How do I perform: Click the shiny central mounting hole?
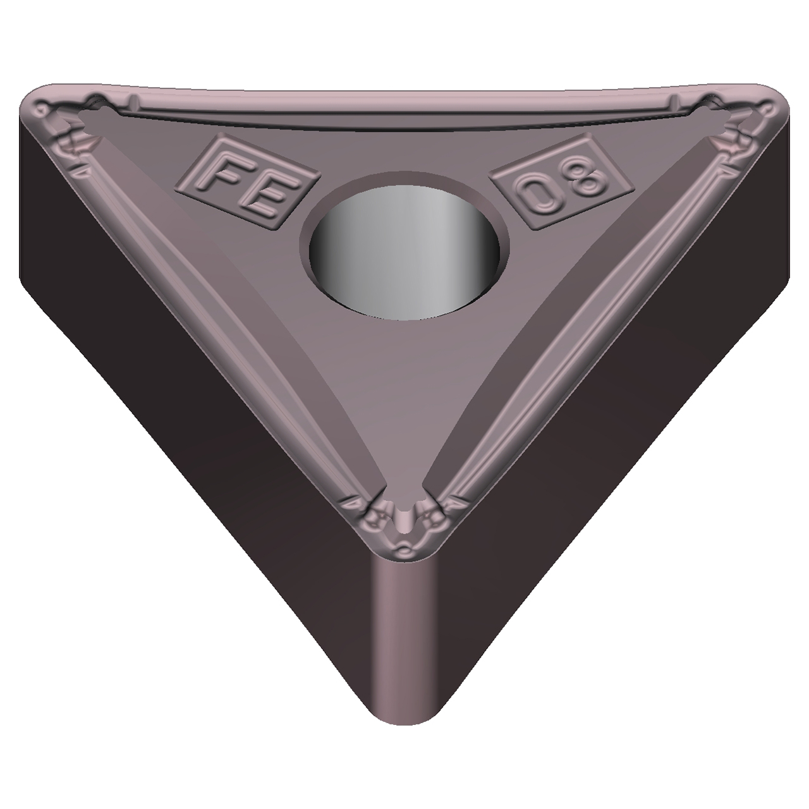coord(404,252)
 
